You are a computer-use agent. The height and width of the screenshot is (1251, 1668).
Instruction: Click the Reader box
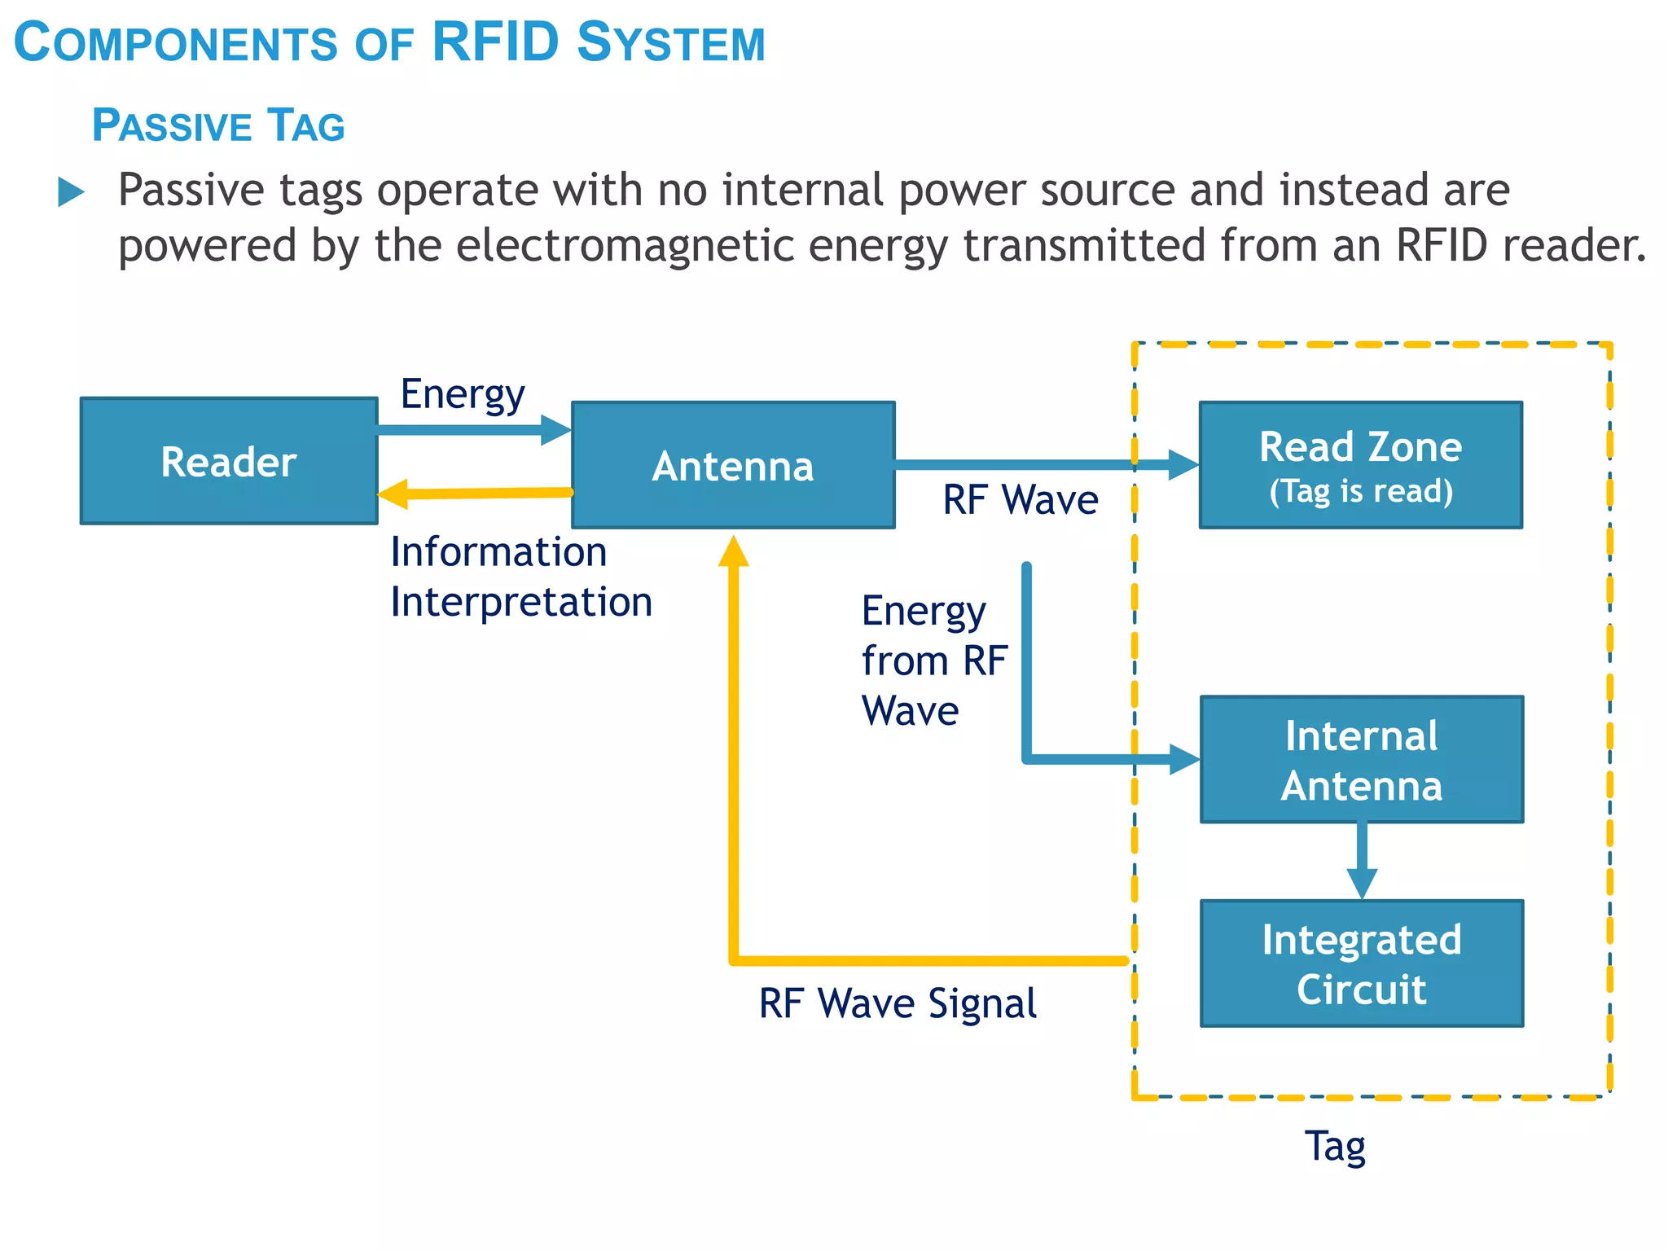pos(229,461)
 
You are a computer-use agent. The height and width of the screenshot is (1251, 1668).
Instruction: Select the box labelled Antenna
pos(733,465)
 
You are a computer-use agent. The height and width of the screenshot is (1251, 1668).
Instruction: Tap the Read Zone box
pos(1360,465)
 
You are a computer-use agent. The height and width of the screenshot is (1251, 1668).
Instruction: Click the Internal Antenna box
pos(1361,759)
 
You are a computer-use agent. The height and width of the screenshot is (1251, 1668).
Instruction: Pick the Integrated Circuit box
pos(1361,963)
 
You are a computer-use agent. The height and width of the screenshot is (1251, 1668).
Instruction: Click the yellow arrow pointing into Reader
pos(475,494)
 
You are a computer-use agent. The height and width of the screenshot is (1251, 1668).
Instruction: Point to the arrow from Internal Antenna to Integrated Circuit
pos(1362,861)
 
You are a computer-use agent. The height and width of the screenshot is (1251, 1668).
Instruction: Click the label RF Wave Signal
pos(898,1003)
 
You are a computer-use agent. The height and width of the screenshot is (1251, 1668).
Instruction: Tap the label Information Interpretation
pos(520,577)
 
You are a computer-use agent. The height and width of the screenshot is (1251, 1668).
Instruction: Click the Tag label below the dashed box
pos(1335,1146)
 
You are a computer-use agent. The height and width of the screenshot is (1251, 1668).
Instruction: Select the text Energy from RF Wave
pos(934,661)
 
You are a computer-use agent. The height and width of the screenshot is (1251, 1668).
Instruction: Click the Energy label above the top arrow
pos(463,394)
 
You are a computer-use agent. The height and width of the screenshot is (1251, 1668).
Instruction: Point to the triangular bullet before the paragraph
pos(71,193)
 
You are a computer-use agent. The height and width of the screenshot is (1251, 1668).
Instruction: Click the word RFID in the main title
pos(495,42)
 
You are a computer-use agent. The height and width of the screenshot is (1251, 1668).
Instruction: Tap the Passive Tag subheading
pos(218,126)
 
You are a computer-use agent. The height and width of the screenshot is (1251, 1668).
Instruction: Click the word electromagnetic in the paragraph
pos(625,245)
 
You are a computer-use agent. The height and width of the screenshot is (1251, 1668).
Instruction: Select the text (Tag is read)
pos(1361,491)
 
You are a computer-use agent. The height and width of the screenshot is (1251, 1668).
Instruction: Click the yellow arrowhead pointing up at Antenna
pos(733,551)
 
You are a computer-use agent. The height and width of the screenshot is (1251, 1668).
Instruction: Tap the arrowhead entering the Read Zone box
pos(1183,465)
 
